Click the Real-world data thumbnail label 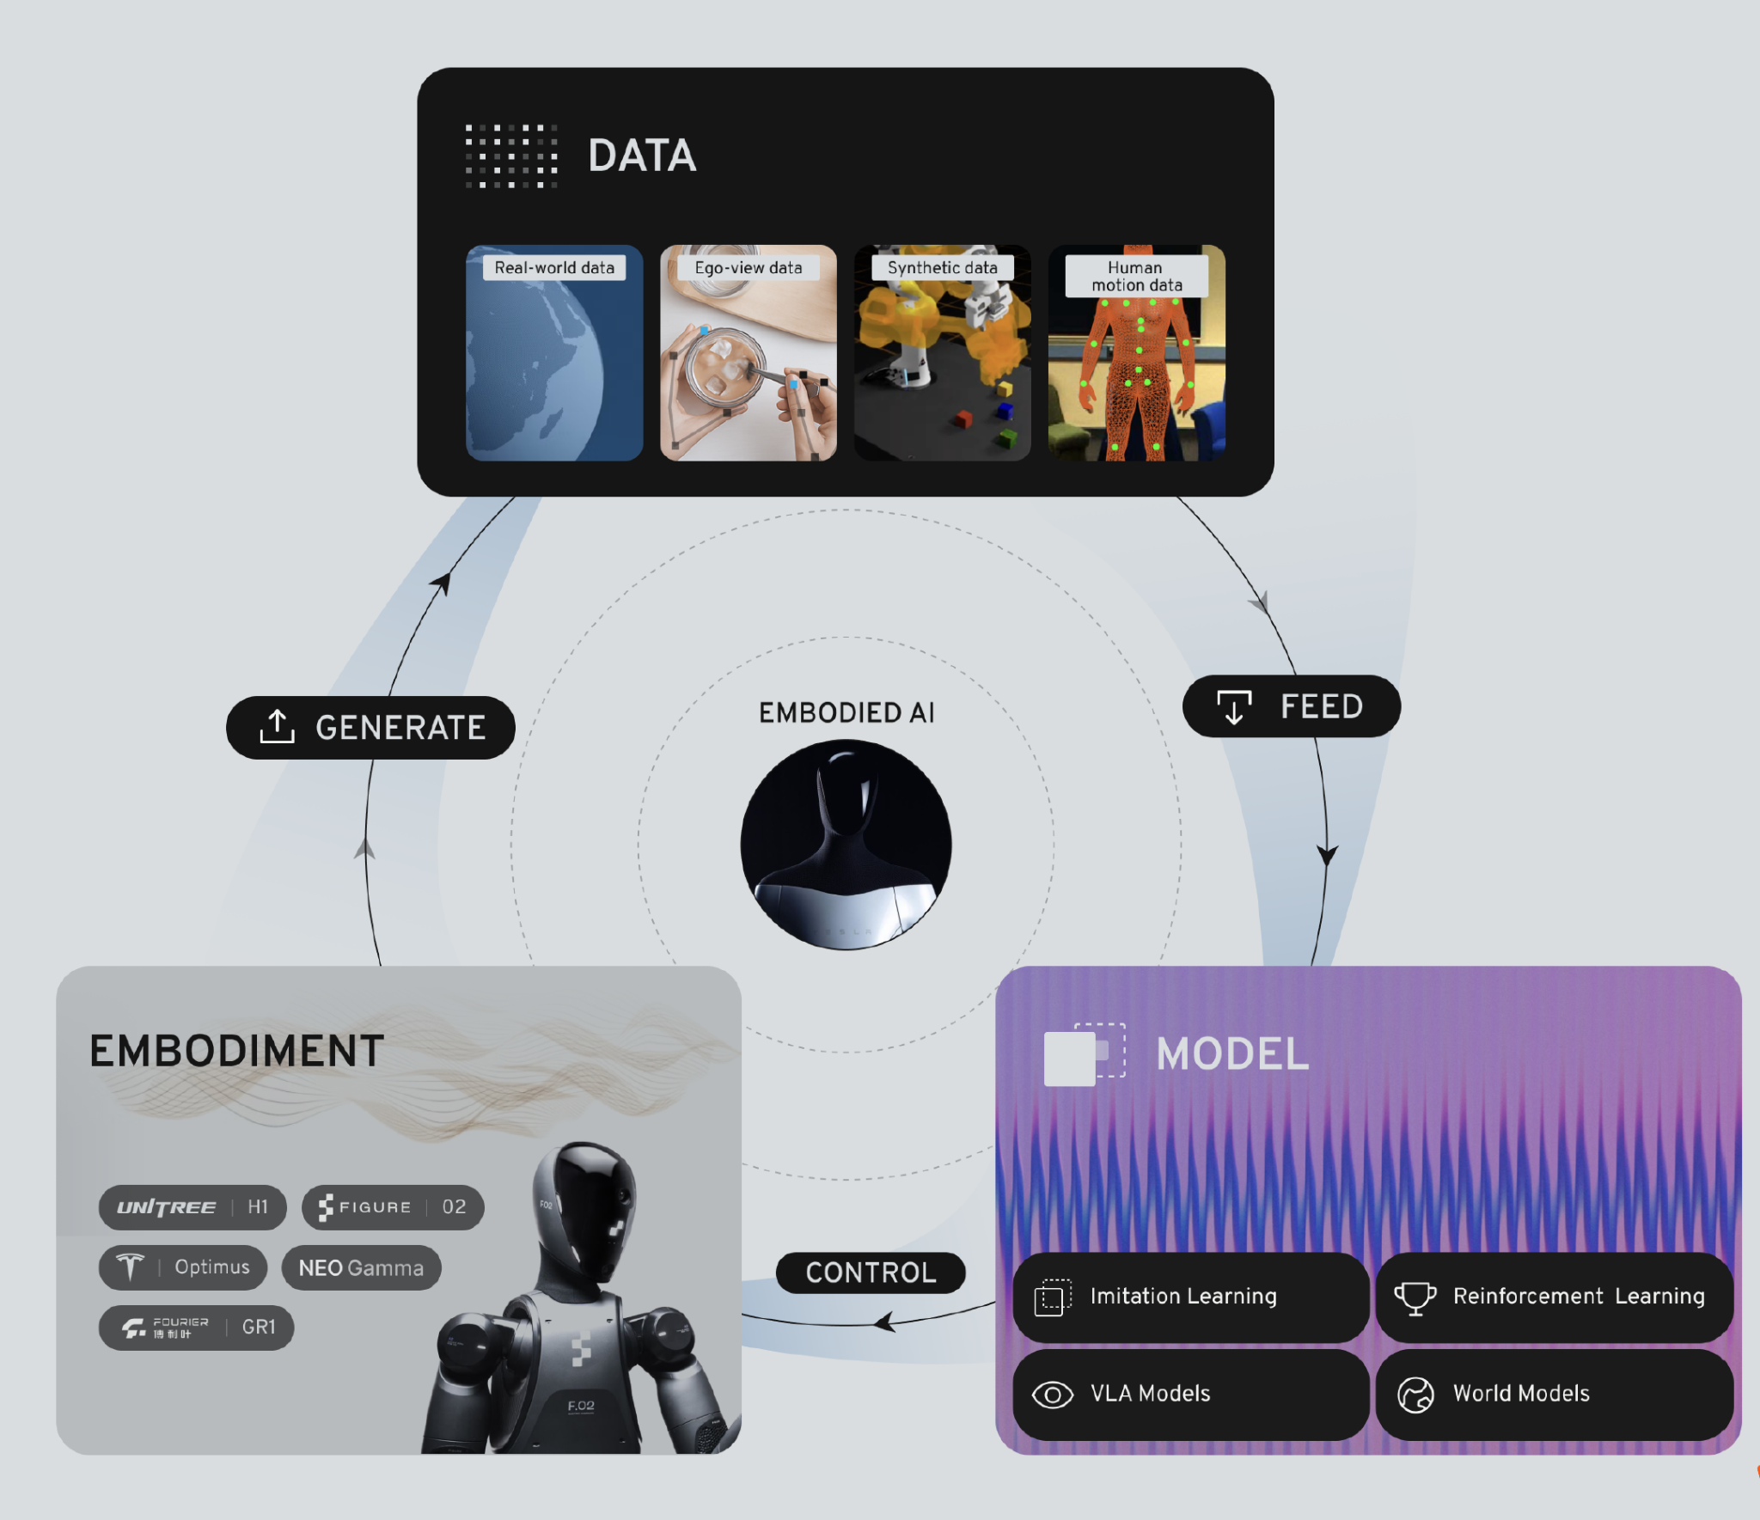554,268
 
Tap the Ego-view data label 748,268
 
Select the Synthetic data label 942,268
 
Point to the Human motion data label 1136,277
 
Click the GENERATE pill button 370,728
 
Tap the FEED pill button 1291,706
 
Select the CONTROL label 871,1273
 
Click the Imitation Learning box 1190,1297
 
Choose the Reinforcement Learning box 1554,1297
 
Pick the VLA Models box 1190,1394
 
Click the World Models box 1554,1394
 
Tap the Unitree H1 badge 192,1207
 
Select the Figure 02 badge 393,1207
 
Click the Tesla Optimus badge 183,1267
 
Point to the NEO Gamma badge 361,1268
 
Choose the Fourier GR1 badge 196,1328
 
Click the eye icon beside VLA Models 1052,1395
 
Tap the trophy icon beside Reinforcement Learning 1415,1297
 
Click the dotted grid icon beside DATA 511,156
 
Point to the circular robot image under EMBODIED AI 846,845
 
